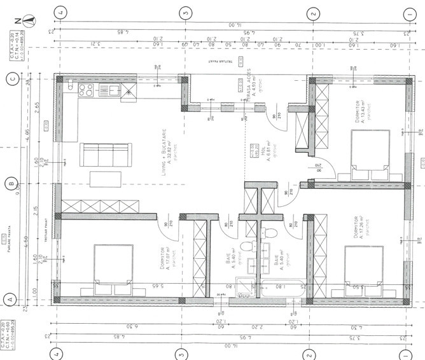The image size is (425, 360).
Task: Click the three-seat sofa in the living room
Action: (106, 155)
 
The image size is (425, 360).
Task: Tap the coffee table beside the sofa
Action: (106, 179)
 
